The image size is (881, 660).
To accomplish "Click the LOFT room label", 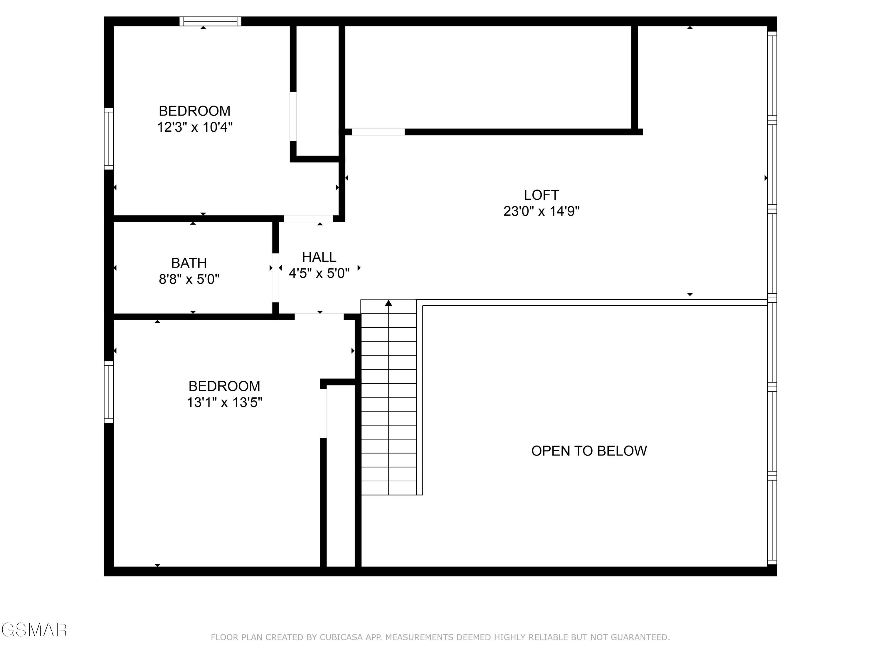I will (x=541, y=195).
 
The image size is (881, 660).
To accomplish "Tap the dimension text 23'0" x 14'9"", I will (x=541, y=211).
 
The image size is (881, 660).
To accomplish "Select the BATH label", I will (x=189, y=263).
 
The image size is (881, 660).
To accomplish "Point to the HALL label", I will (x=319, y=257).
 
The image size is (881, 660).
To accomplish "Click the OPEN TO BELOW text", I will (x=589, y=451).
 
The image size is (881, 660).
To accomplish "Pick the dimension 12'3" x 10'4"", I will (x=195, y=127).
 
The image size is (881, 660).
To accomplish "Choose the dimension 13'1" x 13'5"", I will (x=224, y=403).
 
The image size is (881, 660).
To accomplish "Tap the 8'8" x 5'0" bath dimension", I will (x=189, y=279).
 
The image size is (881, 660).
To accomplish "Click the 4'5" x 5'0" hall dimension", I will (x=319, y=273).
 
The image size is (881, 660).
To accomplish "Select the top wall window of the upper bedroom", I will (x=210, y=21).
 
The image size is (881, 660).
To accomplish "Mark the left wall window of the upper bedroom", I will (x=109, y=138).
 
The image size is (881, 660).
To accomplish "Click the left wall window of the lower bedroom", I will (x=109, y=392).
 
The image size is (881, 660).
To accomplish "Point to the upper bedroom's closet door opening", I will (x=293, y=116).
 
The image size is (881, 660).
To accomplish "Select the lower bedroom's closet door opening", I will (x=323, y=413).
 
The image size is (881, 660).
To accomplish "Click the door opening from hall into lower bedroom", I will (x=319, y=317).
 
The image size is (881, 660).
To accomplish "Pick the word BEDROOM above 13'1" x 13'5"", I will (x=224, y=386).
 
